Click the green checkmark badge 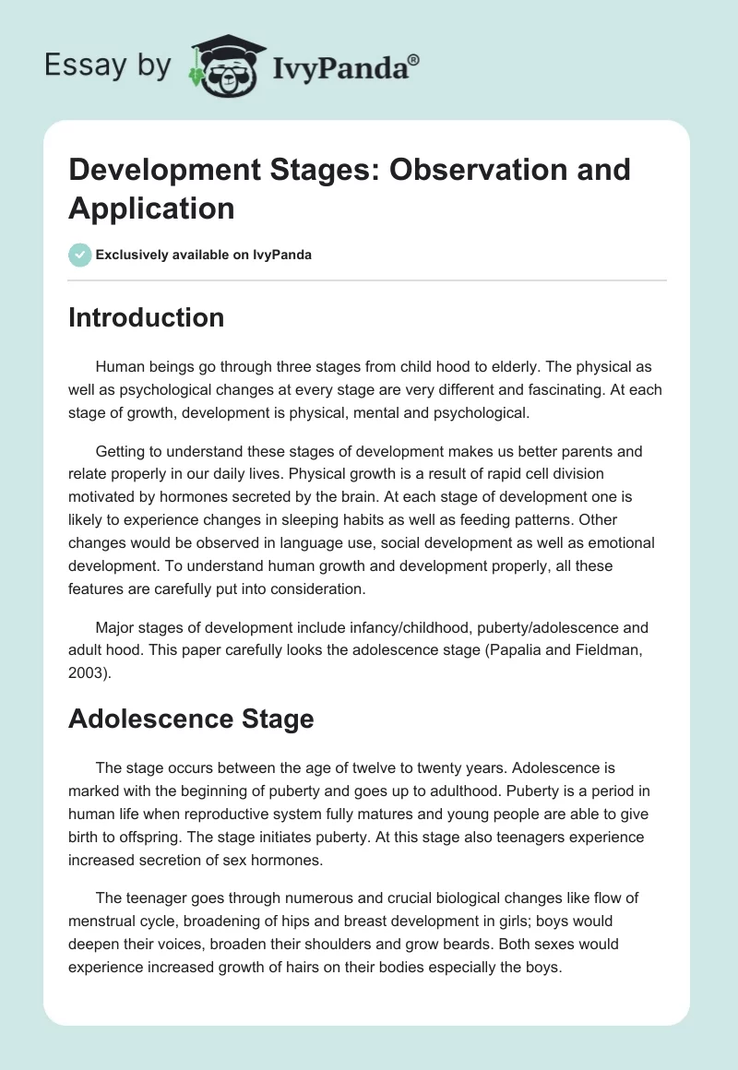coord(80,255)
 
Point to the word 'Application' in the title coord(151,208)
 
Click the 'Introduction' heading coord(146,317)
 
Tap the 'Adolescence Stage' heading coord(191,719)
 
